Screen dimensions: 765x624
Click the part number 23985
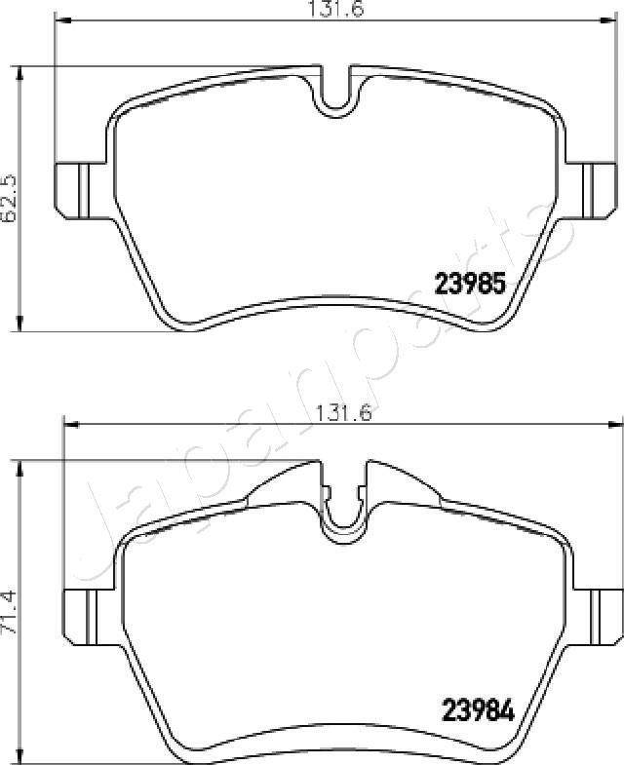468,284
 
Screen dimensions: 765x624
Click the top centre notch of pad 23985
335,93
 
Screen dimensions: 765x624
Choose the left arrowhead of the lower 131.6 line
67,423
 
